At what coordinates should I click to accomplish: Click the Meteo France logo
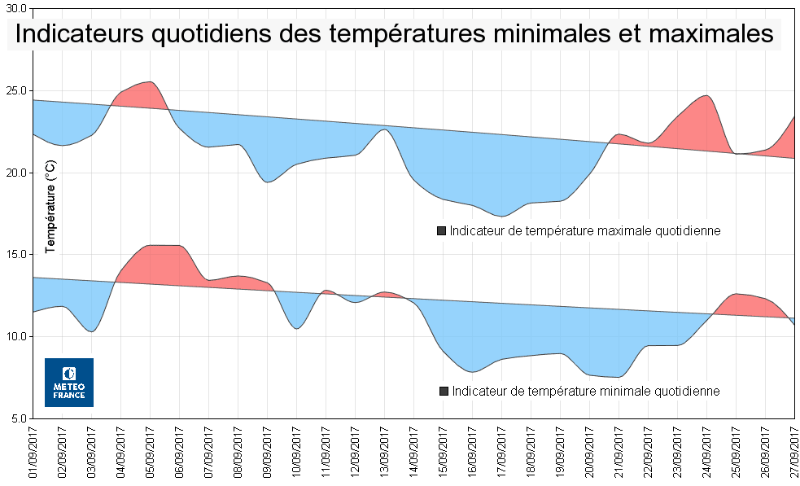click(x=69, y=382)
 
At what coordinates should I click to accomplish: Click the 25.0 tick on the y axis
click(x=15, y=90)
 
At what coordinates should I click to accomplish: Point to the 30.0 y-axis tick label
click(x=15, y=9)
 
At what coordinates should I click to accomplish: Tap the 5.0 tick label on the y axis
click(x=18, y=418)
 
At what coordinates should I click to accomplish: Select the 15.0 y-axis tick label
click(x=15, y=254)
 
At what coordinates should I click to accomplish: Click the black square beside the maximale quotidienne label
click(x=442, y=231)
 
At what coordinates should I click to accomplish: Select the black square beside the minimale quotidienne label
click(x=444, y=392)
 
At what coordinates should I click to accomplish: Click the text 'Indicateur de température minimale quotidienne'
click(x=585, y=392)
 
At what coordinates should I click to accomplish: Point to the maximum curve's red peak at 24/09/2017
click(x=706, y=96)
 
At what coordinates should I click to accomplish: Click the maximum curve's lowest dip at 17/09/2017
click(x=502, y=216)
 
